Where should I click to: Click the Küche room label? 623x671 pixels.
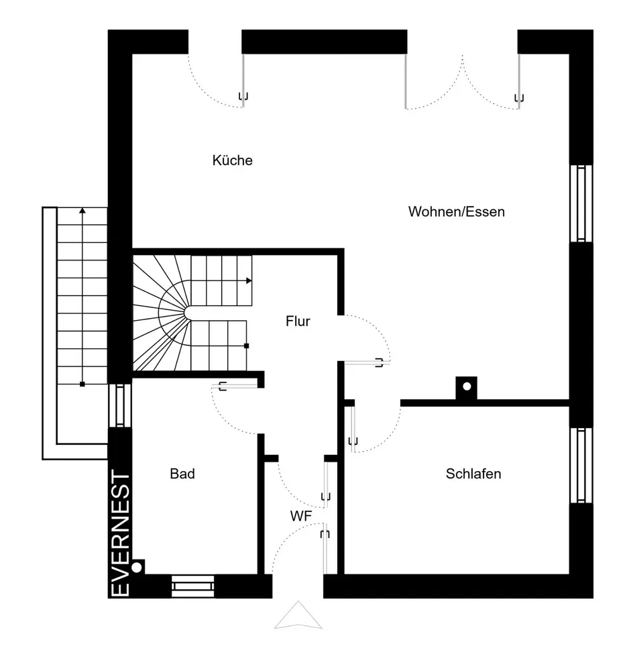tap(232, 160)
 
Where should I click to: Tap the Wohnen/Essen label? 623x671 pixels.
tap(456, 212)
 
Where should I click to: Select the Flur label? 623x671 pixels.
tap(298, 321)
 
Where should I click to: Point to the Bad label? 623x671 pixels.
tap(182, 474)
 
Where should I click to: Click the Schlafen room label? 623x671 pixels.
tap(473, 474)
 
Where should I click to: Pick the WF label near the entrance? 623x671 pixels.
tap(301, 516)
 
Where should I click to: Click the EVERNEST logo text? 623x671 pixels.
tap(120, 533)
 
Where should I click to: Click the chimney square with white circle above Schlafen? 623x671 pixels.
tap(467, 388)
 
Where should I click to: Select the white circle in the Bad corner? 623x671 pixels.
tap(137, 568)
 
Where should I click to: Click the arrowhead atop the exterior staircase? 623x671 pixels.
tap(82, 210)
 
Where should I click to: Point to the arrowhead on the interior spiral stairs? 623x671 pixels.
tap(249, 280)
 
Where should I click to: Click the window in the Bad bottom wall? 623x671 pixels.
tap(193, 586)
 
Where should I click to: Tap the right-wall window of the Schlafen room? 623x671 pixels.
tap(581, 465)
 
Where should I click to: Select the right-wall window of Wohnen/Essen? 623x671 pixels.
tap(581, 203)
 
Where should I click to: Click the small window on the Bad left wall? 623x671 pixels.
tap(120, 405)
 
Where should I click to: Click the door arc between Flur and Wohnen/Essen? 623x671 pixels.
tap(379, 329)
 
